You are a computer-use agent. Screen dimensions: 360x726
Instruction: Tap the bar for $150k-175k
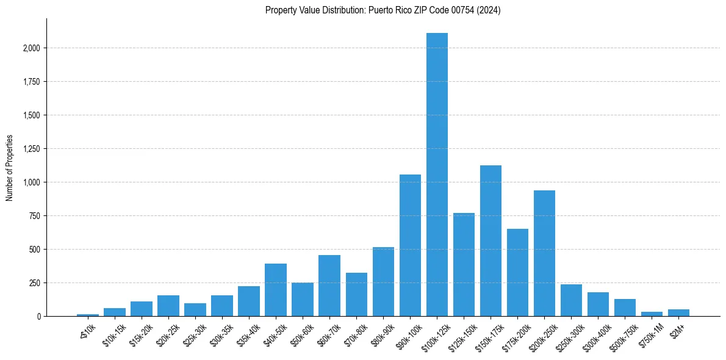click(491, 240)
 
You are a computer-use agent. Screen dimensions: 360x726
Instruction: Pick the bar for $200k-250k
click(544, 253)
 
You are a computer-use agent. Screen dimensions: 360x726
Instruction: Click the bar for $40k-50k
click(276, 290)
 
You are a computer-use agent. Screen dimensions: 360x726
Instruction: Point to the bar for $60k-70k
click(329, 286)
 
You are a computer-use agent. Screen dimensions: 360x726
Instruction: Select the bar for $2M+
click(678, 312)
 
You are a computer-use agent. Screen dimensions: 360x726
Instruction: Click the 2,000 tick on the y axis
click(31, 48)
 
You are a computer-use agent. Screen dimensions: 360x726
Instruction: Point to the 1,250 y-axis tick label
click(31, 149)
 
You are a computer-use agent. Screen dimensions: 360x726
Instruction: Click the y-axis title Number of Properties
click(9, 167)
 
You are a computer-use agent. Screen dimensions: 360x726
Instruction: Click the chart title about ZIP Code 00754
click(383, 10)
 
